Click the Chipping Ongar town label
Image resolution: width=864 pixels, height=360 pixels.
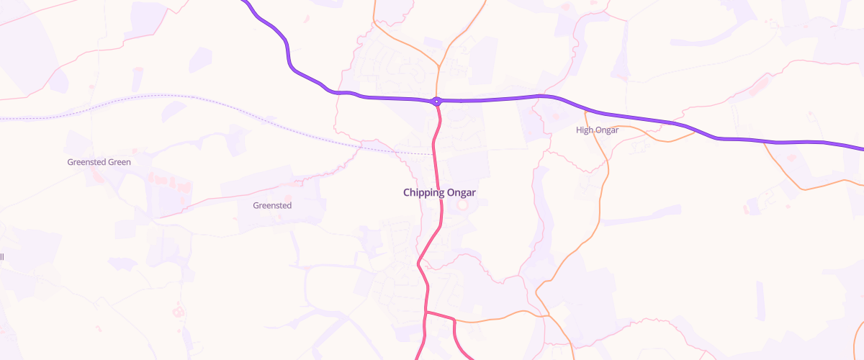pos(439,192)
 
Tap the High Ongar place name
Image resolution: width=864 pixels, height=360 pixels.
pos(598,130)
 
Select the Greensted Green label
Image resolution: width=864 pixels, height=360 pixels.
pos(99,162)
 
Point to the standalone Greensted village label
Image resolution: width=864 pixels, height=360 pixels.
pos(272,205)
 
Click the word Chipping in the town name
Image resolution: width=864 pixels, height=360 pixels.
pos(423,192)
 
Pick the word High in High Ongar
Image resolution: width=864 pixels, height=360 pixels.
pos(584,130)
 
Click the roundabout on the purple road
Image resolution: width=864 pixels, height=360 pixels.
pos(436,102)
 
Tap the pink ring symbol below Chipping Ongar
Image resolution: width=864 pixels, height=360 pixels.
pos(462,206)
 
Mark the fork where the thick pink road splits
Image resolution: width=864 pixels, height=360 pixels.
pos(426,312)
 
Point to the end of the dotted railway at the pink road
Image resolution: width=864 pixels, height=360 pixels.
pos(433,153)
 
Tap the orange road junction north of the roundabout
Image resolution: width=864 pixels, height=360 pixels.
pos(438,68)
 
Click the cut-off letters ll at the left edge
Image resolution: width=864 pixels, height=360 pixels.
pos(2,257)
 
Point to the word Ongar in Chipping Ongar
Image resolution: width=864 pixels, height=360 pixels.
pos(460,192)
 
